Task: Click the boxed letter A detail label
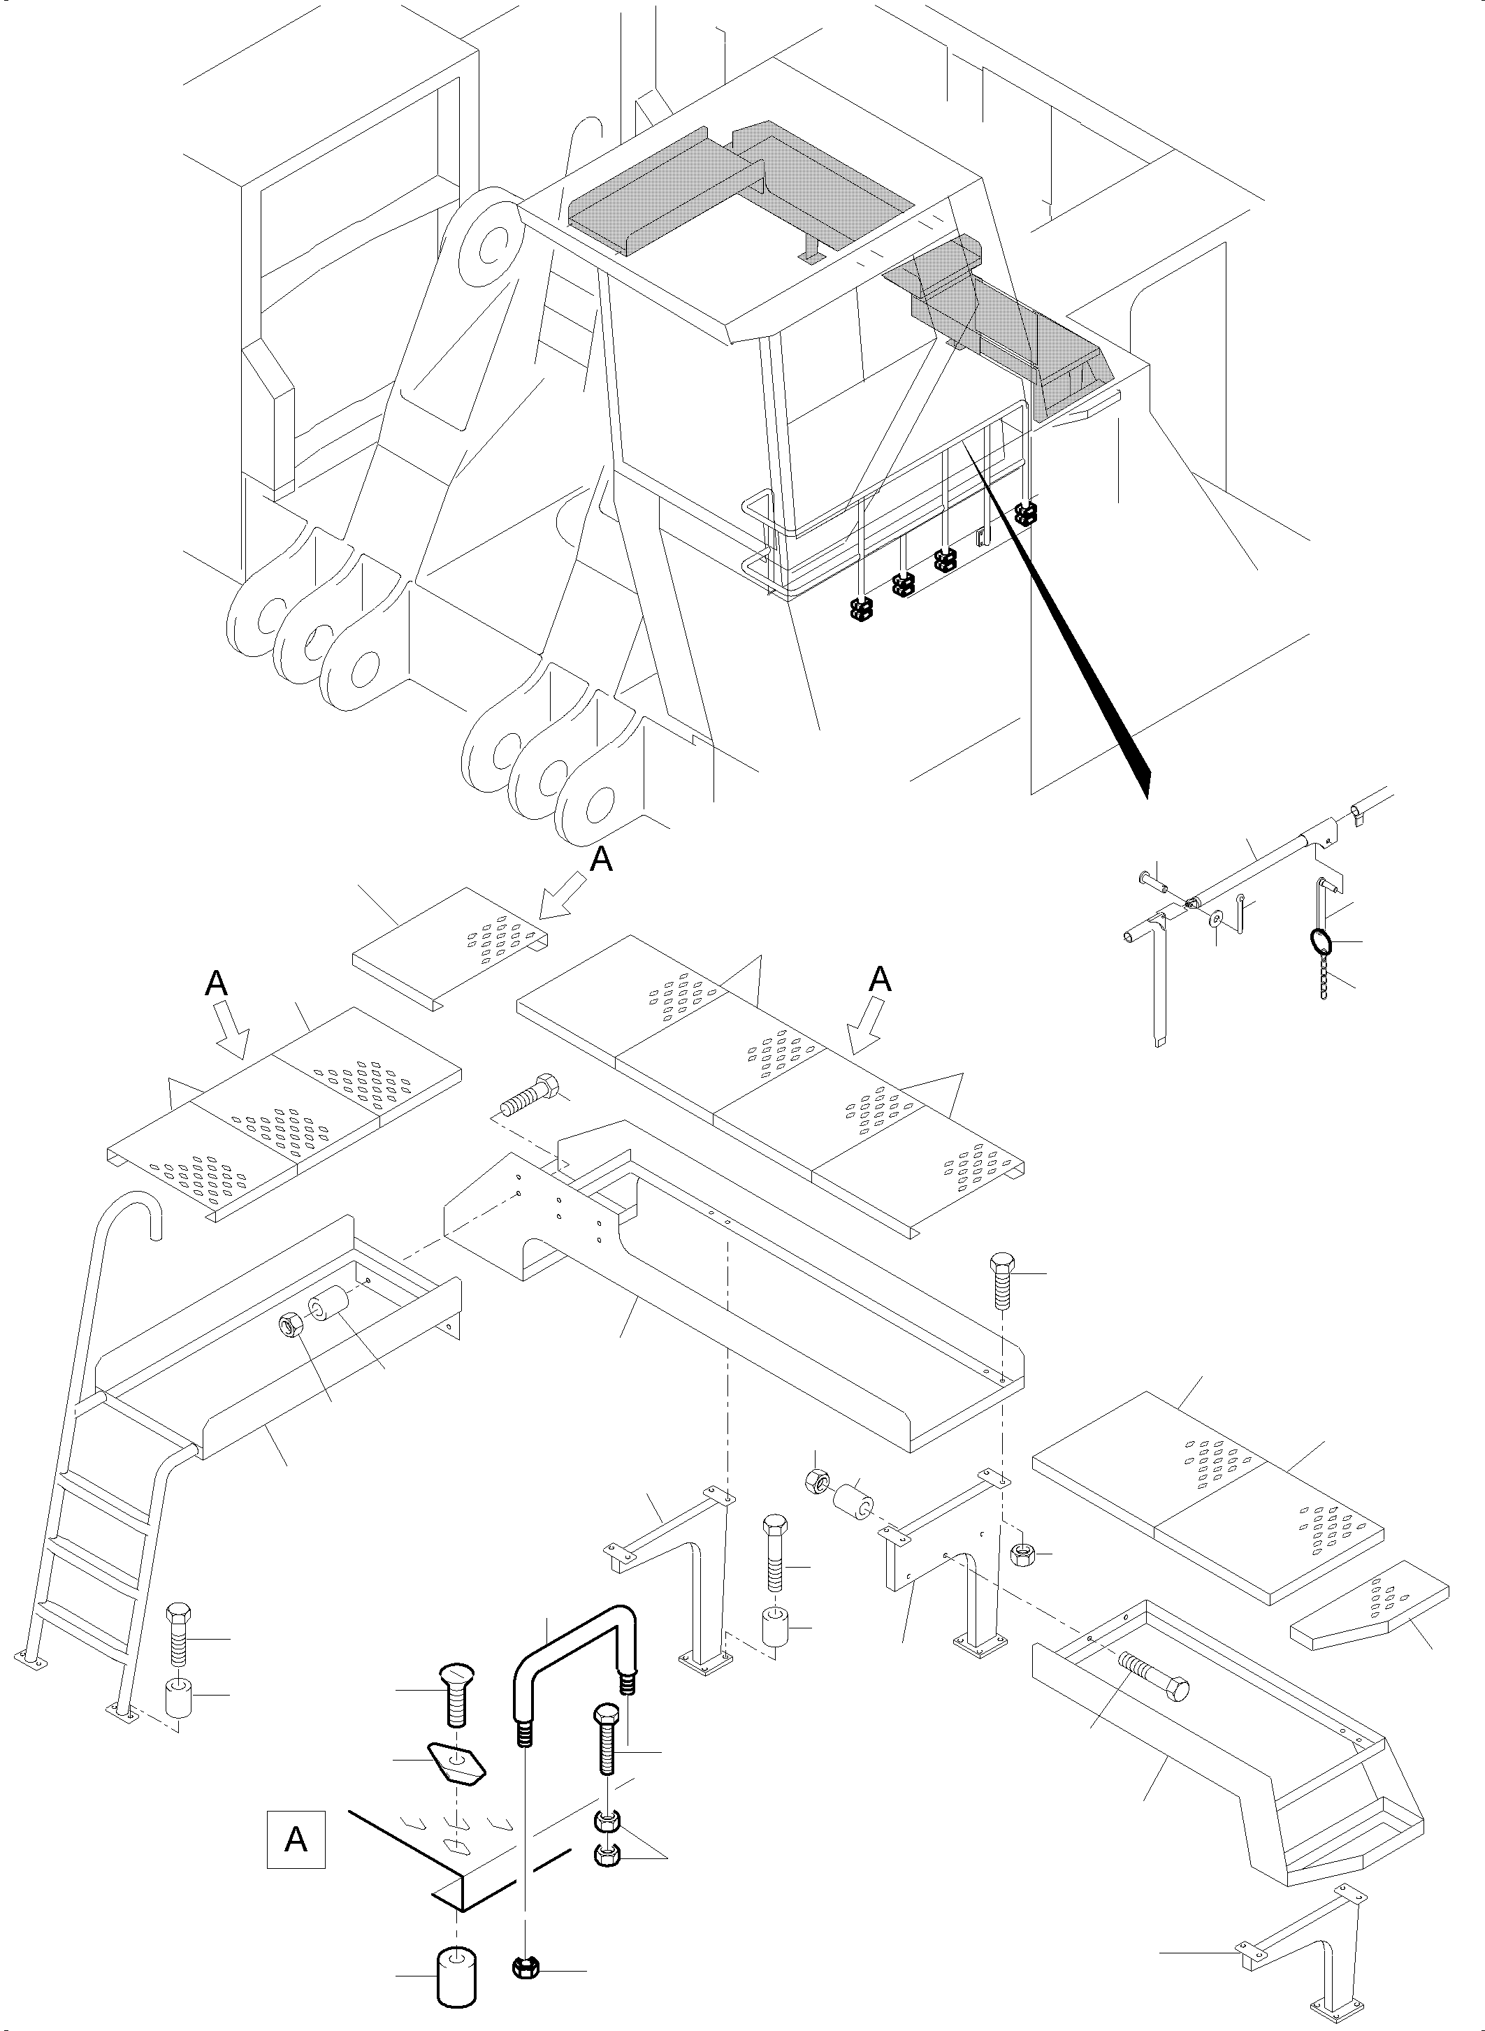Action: pos(296,1840)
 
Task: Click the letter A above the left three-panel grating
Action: pos(216,985)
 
